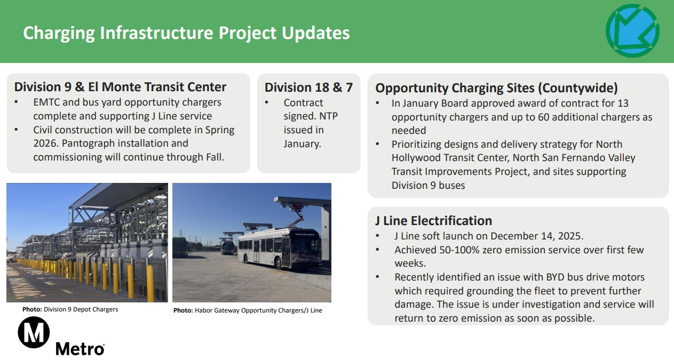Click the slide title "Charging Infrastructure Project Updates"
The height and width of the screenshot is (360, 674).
[186, 33]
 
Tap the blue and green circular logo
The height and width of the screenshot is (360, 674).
[632, 30]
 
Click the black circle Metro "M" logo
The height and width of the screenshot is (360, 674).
[34, 332]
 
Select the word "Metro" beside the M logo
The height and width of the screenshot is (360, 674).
[80, 349]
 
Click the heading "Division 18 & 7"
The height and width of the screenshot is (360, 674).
[308, 87]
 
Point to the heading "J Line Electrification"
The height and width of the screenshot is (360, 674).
[433, 221]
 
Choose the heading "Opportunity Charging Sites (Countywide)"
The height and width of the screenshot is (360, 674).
[496, 88]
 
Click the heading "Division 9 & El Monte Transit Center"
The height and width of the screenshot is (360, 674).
[120, 87]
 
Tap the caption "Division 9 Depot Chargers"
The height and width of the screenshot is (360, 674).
[81, 309]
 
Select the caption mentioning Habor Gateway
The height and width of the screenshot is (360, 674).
[248, 310]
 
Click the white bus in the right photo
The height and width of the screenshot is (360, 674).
[280, 248]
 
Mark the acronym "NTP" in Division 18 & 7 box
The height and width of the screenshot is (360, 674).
[329, 116]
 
